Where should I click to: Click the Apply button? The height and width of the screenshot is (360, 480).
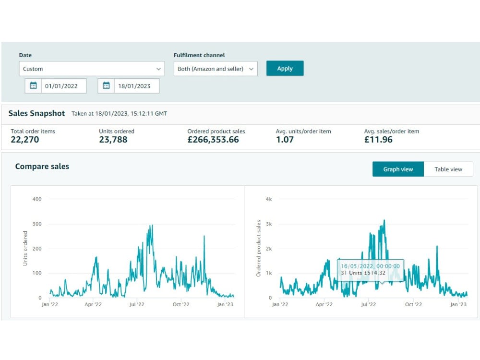click(x=285, y=68)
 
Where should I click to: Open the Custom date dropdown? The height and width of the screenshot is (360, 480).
click(x=92, y=69)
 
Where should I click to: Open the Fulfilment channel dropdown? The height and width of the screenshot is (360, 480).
click(x=216, y=69)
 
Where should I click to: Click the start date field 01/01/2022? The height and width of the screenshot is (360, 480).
click(x=64, y=86)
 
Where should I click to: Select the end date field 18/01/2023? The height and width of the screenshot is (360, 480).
click(x=136, y=86)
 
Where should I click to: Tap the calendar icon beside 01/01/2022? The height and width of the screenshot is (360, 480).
click(x=33, y=86)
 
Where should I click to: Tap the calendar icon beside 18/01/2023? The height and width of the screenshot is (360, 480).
click(x=106, y=86)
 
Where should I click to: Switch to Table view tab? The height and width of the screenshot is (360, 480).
click(x=448, y=169)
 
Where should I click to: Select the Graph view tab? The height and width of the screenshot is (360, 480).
click(x=398, y=169)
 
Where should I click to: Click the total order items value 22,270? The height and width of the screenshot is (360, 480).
click(x=25, y=140)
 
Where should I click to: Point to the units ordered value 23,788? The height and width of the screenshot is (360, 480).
click(x=113, y=140)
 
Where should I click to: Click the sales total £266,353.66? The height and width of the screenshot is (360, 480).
click(x=213, y=140)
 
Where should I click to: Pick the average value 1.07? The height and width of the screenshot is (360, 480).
click(x=285, y=140)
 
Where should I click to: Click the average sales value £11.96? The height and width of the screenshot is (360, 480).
click(x=378, y=140)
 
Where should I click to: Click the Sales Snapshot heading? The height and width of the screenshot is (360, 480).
click(x=37, y=113)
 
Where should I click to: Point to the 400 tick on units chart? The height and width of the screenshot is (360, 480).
click(x=37, y=199)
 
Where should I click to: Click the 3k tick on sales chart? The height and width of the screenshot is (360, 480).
click(x=269, y=224)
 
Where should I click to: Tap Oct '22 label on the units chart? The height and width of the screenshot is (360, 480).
click(x=181, y=304)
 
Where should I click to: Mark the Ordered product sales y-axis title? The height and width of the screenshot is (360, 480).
click(x=259, y=248)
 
